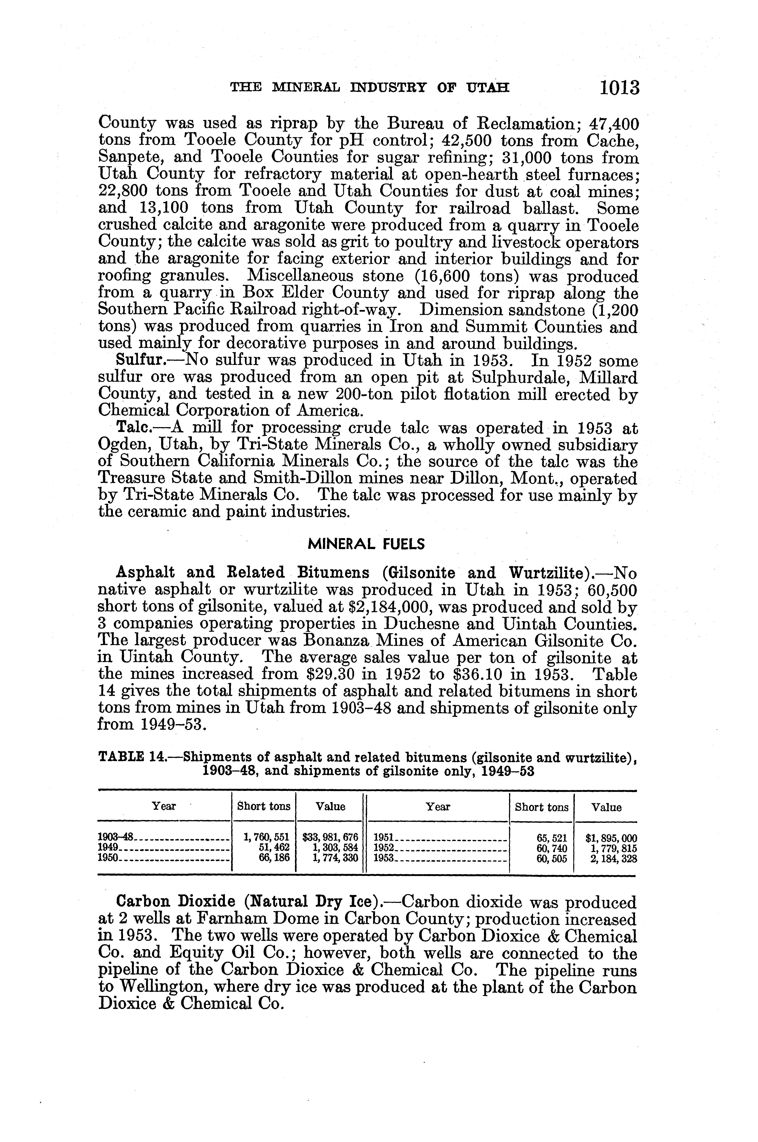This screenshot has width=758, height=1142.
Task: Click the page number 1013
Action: tap(619, 88)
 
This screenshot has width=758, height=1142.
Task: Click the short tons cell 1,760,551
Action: tap(267, 838)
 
